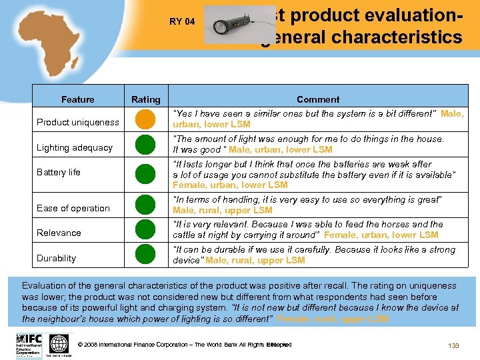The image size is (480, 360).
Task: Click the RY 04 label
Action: (x=182, y=21)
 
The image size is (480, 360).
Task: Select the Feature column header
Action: (x=78, y=99)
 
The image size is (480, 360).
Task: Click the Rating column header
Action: (x=146, y=99)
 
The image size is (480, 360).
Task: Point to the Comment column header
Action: (x=318, y=99)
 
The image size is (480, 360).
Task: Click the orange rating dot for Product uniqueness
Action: (x=145, y=121)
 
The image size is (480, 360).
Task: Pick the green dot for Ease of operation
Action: (x=145, y=206)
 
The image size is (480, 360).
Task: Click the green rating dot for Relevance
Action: (x=145, y=230)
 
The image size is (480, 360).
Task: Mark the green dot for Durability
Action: (x=145, y=255)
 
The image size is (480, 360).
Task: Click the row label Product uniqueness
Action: (x=78, y=122)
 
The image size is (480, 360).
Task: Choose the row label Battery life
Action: (x=59, y=172)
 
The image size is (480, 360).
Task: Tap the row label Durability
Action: (x=57, y=258)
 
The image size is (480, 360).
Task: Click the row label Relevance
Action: (x=59, y=233)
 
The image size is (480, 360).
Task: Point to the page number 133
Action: (x=455, y=345)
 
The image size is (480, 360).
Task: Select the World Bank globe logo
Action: (x=59, y=344)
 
